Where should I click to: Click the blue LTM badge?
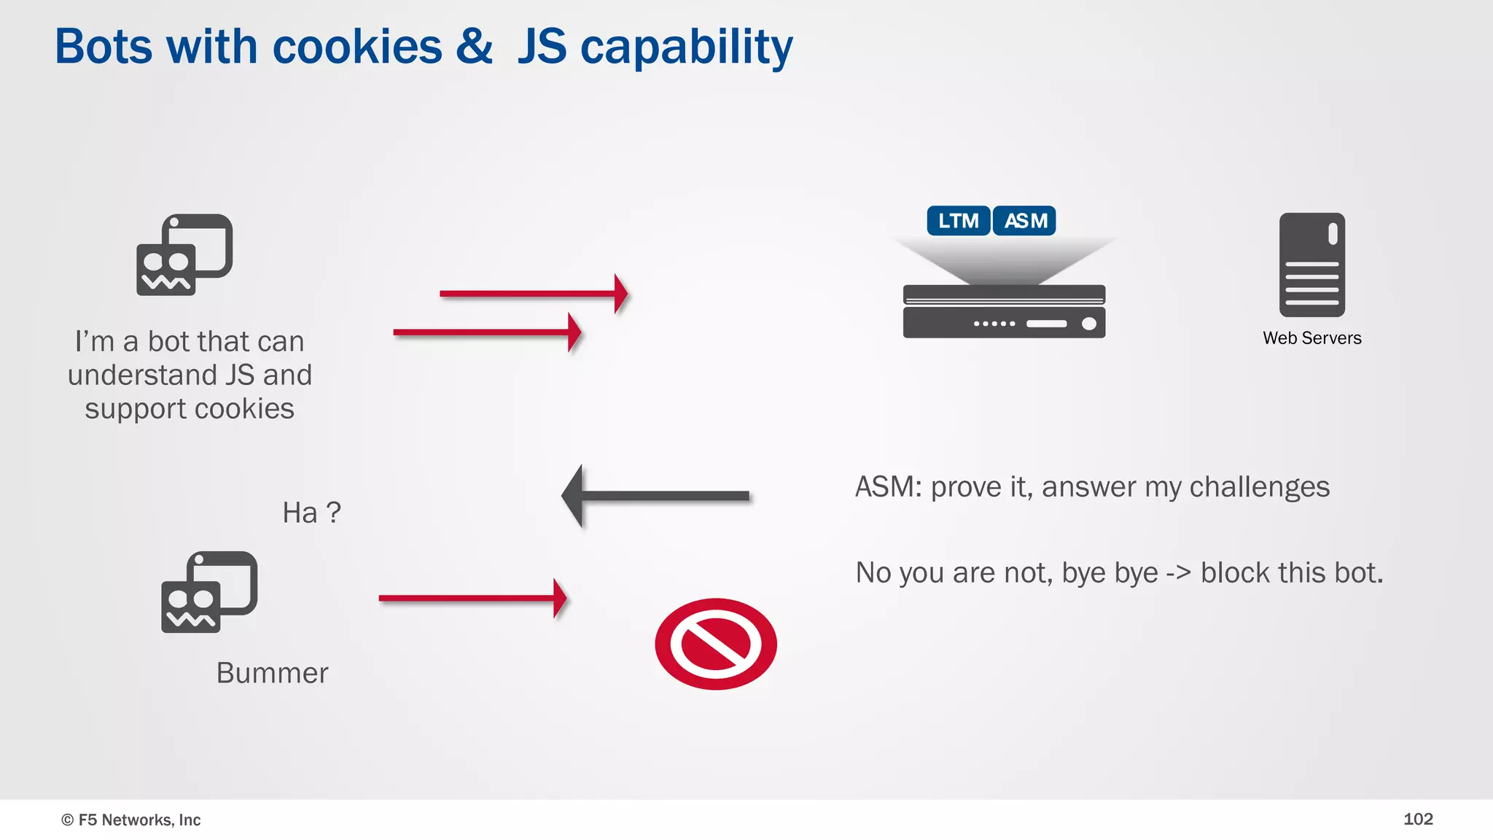958,220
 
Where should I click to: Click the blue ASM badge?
1024,220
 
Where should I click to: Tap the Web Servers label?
1311,338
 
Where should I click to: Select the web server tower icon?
1311,265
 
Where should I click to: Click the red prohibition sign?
715,644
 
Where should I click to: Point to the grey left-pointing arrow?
655,496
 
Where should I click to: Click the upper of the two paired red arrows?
533,294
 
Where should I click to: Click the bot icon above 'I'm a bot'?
184,254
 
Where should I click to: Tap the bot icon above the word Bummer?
209,591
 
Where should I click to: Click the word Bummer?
272,672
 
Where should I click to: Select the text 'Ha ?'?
311,513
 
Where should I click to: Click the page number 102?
1417,819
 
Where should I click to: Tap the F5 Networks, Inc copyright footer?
131,820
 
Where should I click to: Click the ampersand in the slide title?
475,46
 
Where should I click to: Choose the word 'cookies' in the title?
356,47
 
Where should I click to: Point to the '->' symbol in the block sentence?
1178,573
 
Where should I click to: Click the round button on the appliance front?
1088,324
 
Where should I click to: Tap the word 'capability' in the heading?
686,47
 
